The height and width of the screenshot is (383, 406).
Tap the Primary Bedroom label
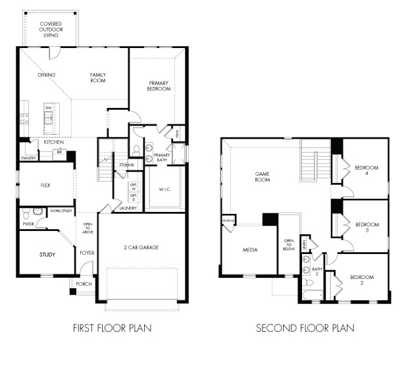click(159, 86)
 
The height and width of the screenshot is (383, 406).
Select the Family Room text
click(98, 78)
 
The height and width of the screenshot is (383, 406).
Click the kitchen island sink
click(49, 117)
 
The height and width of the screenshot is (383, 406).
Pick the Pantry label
click(28, 158)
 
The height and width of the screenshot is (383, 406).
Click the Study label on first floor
click(47, 254)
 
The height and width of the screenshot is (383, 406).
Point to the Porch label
click(84, 284)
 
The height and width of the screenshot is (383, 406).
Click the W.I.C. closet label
click(165, 190)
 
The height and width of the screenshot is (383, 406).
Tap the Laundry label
click(128, 208)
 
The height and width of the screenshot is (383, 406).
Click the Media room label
click(249, 250)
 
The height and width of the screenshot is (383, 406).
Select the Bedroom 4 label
click(367, 170)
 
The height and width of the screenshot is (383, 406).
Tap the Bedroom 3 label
click(367, 228)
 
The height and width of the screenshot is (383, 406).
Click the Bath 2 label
click(318, 271)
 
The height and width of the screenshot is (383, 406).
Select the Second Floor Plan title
click(305, 327)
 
